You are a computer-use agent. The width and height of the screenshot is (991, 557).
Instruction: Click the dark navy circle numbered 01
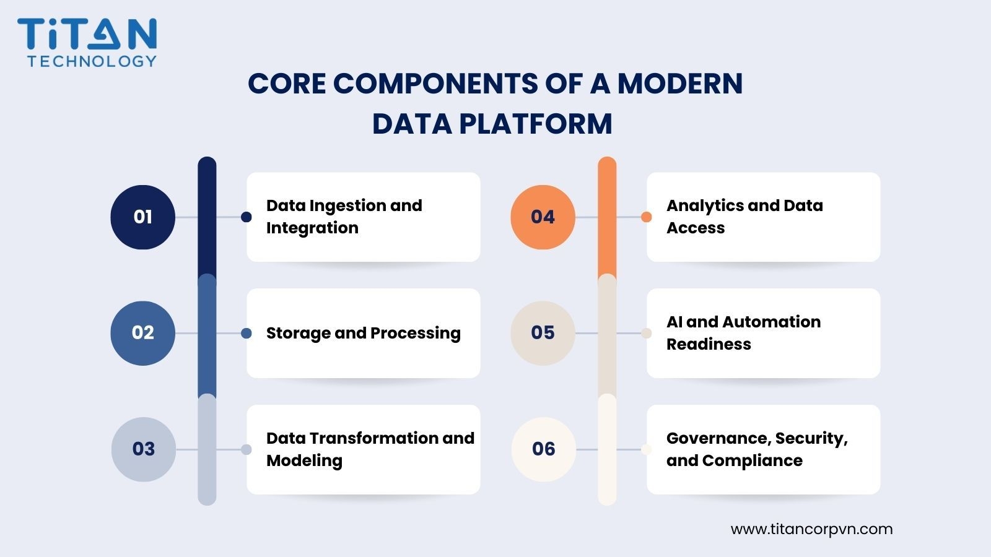click(x=143, y=217)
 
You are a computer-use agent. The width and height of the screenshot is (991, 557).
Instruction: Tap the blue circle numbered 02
click(x=143, y=334)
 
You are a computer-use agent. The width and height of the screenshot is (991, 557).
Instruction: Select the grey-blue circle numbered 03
click(x=143, y=449)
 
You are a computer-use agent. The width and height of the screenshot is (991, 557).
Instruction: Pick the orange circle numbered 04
click(x=543, y=217)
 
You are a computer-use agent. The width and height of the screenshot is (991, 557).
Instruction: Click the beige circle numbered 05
click(x=543, y=334)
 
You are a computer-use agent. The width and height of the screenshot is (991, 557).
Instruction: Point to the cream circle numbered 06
click(x=544, y=449)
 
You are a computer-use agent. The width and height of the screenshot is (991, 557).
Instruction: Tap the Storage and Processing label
click(x=363, y=333)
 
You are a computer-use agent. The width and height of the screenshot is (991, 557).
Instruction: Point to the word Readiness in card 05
click(x=709, y=344)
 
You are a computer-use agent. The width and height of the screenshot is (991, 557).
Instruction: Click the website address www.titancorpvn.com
click(x=811, y=529)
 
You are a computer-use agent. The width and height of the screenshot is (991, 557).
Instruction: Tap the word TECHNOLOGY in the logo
click(x=92, y=61)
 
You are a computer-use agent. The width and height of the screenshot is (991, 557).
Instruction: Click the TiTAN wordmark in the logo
click(x=87, y=33)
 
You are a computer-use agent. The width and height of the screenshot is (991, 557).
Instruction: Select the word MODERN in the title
click(x=680, y=83)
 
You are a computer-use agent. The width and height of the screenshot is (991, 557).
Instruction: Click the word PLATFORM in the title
click(x=536, y=123)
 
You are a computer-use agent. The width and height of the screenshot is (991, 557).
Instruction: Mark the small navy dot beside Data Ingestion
click(x=247, y=217)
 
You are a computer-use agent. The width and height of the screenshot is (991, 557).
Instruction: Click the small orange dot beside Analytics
click(x=647, y=217)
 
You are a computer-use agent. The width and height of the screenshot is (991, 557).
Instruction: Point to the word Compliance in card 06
click(x=752, y=460)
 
